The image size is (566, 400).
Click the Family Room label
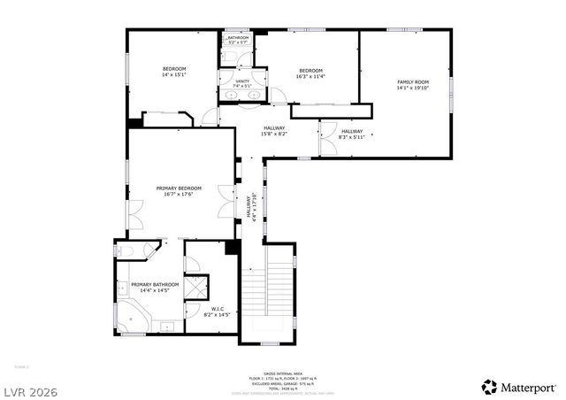[411, 81]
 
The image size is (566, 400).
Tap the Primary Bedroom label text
[179, 188]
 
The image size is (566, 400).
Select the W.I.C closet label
[217, 309]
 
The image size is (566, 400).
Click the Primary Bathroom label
[155, 284]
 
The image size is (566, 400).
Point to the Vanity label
[242, 81]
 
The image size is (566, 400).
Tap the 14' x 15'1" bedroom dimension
[173, 75]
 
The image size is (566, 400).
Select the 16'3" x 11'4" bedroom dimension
[310, 76]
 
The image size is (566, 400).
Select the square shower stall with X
[196, 288]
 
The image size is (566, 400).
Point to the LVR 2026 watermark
[31, 386]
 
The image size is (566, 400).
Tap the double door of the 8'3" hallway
[327, 129]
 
